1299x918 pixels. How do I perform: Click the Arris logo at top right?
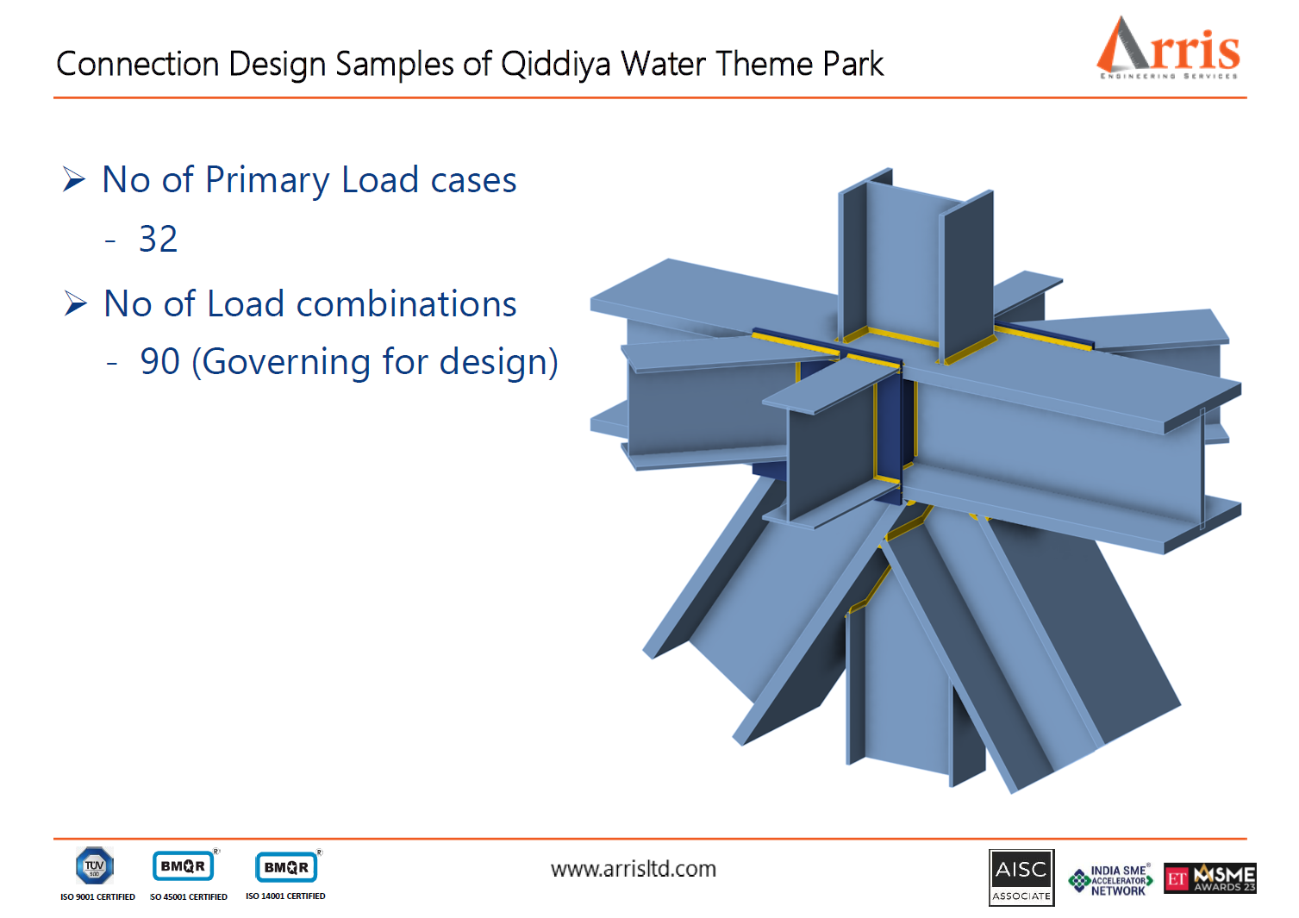point(1168,48)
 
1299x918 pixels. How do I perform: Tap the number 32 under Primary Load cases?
point(159,239)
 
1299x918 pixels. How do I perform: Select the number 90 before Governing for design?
point(160,361)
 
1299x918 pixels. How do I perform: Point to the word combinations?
point(406,304)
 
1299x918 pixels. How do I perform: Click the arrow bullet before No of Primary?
point(74,179)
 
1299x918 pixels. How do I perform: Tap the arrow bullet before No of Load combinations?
point(76,303)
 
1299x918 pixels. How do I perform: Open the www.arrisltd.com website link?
point(634,869)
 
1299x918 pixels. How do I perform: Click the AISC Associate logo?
point(1021,877)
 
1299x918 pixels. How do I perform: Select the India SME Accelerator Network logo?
point(1111,880)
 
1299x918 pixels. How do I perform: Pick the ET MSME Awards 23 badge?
point(1210,878)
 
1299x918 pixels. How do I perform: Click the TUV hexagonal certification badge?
point(94,865)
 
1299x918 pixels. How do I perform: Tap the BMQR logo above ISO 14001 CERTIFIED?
point(287,867)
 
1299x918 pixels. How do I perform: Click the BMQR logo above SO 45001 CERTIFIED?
point(184,866)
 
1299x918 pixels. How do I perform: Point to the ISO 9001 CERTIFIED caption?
point(97,897)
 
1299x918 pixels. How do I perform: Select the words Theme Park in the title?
point(799,65)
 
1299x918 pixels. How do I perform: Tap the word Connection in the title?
point(137,65)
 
